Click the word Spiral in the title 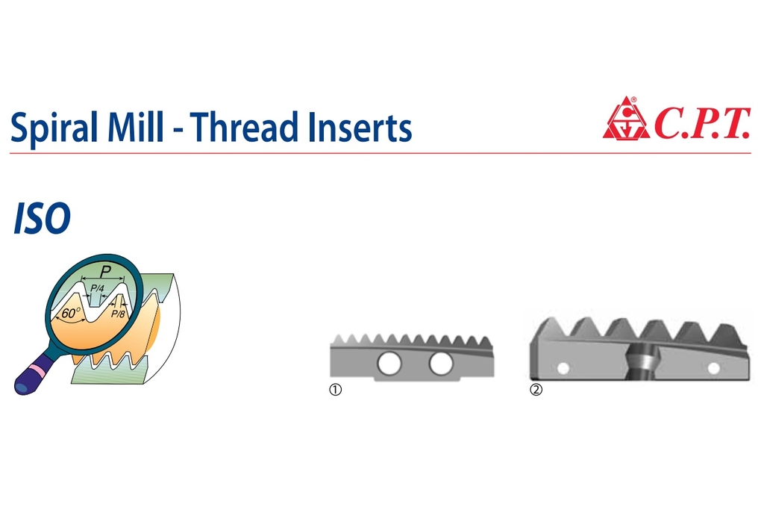tap(54, 127)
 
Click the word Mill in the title tap(135, 126)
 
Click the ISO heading tap(42, 218)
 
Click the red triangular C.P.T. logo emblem tap(626, 119)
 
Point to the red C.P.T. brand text tap(702, 123)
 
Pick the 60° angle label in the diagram tap(70, 313)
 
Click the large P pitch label tap(104, 271)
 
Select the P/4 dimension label tap(98, 288)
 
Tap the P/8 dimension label tap(118, 314)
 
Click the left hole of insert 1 tap(389, 364)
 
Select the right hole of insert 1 tap(441, 364)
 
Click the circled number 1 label tap(336, 390)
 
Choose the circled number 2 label tap(536, 390)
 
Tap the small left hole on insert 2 tap(563, 368)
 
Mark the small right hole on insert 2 tap(713, 368)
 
